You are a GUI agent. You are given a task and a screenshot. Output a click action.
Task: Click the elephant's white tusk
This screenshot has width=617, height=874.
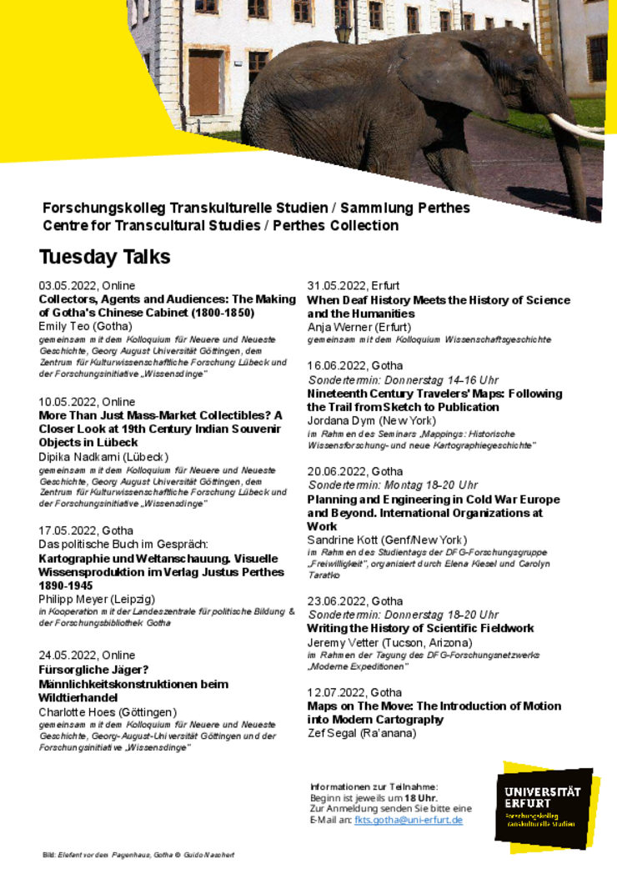pyautogui.click(x=575, y=128)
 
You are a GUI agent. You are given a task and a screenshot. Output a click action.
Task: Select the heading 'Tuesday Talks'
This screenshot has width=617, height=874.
pyautogui.click(x=105, y=257)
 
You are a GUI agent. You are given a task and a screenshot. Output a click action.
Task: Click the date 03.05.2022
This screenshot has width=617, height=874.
pyautogui.click(x=69, y=285)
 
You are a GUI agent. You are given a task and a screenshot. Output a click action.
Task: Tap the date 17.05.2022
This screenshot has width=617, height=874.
pyautogui.click(x=69, y=530)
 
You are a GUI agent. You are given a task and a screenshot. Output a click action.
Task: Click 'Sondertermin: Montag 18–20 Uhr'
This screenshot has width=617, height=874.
pyautogui.click(x=393, y=485)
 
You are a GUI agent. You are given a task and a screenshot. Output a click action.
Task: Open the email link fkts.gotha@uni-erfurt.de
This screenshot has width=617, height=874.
pyautogui.click(x=408, y=821)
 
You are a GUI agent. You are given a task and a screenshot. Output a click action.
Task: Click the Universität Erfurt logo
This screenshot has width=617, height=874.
pyautogui.click(x=543, y=806)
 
